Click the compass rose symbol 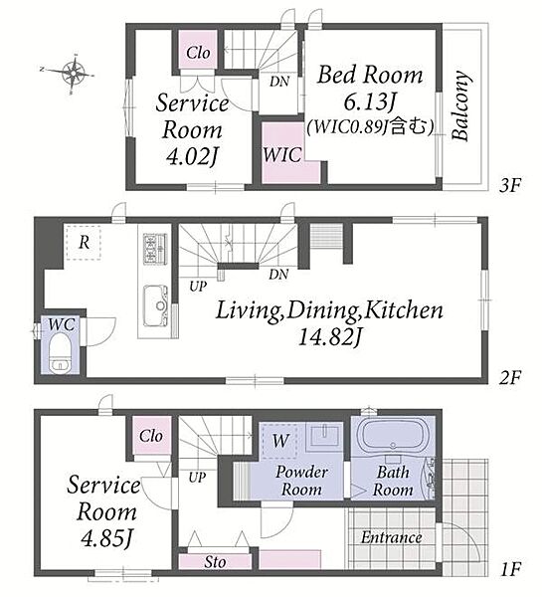[x=73, y=72]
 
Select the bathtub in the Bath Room [x=393, y=435]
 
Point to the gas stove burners [x=155, y=249]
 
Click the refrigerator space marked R [x=84, y=243]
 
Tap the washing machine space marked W [x=279, y=441]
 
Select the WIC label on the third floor [x=282, y=155]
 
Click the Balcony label [x=460, y=105]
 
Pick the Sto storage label [x=215, y=562]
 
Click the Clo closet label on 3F [x=198, y=53]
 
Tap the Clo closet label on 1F [x=151, y=436]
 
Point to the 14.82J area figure [x=329, y=336]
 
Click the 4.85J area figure [x=106, y=538]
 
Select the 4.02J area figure [x=192, y=156]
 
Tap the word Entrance [x=391, y=537]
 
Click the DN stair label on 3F [x=279, y=82]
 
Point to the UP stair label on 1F [x=197, y=477]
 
